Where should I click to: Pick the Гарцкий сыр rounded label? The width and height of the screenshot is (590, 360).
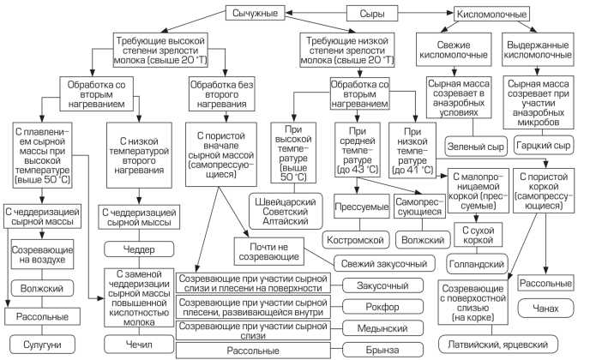click(x=543, y=147)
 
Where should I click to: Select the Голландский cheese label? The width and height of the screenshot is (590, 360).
click(x=477, y=263)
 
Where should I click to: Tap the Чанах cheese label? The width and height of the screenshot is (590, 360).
click(x=545, y=306)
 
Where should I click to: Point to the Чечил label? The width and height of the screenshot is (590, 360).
click(x=136, y=344)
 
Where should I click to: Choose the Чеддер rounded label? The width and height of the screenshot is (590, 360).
click(x=136, y=249)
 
